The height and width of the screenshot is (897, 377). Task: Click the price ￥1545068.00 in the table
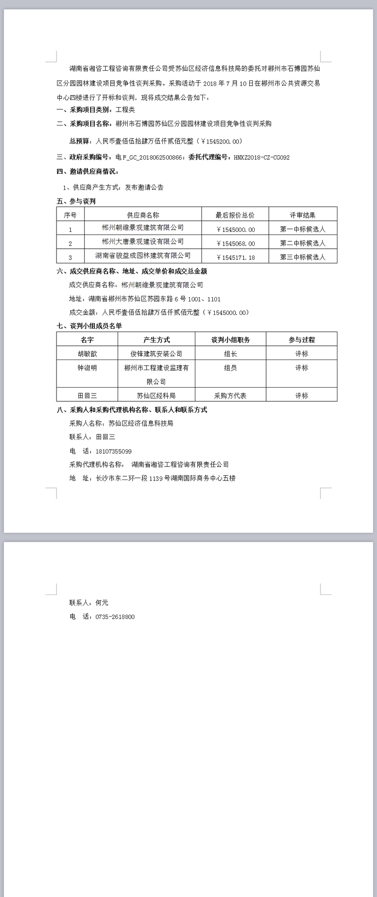(235, 243)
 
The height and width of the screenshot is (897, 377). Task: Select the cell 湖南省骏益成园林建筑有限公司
(143, 256)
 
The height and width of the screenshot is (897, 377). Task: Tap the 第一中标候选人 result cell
(303, 229)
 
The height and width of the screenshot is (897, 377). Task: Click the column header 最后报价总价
(235, 215)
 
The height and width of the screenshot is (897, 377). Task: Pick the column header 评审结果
(303, 215)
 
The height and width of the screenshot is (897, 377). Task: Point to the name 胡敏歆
(87, 354)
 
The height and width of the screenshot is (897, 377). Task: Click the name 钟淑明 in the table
(87, 368)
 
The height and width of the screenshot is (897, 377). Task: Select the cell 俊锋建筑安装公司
(156, 354)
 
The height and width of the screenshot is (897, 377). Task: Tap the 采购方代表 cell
(230, 395)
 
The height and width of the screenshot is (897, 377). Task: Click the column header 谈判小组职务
(230, 340)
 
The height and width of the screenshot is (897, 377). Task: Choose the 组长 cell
(230, 354)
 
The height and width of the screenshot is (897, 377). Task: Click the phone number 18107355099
(114, 451)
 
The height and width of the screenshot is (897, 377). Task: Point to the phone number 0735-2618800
(115, 617)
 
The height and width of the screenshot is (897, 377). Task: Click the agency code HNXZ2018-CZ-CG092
(262, 157)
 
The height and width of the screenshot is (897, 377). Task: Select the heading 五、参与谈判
(76, 201)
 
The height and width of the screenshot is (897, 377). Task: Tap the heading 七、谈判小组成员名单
(89, 326)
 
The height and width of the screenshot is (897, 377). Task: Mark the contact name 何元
(102, 603)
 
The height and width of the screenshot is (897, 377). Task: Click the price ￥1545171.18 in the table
(235, 257)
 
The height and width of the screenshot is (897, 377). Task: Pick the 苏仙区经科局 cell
(156, 395)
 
